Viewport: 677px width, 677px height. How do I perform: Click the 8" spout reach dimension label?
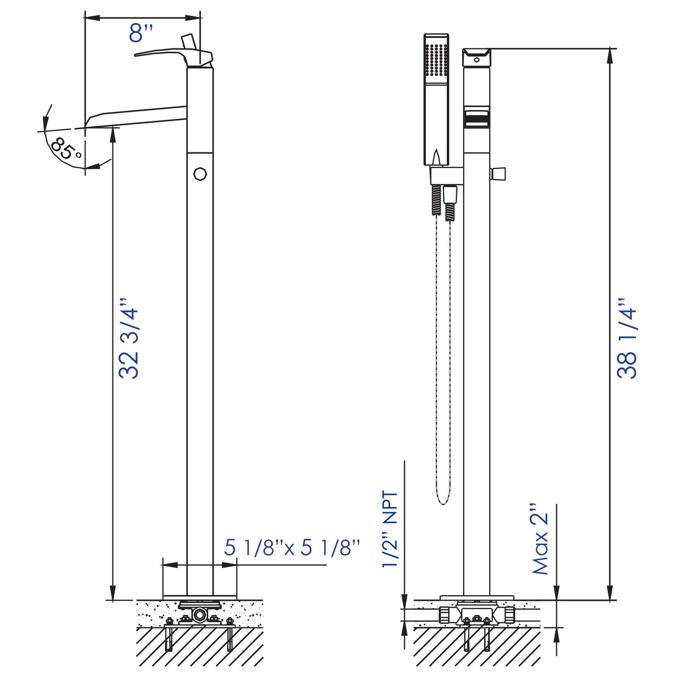click(x=141, y=33)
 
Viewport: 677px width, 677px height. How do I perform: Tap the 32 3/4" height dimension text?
click(x=129, y=338)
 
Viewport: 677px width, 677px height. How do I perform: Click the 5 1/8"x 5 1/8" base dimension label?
click(x=292, y=548)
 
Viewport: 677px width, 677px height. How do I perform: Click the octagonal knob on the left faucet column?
click(x=200, y=173)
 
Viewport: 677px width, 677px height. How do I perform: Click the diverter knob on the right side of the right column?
click(x=499, y=173)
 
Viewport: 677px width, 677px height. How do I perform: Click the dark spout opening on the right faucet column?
click(x=476, y=119)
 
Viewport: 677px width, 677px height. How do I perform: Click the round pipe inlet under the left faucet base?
click(x=199, y=614)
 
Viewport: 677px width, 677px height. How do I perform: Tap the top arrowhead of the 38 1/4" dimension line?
click(x=610, y=54)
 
